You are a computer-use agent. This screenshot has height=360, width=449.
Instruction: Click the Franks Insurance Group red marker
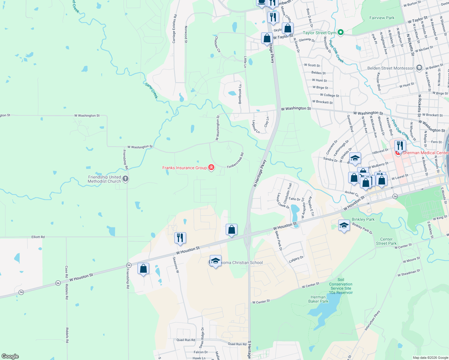point(211,167)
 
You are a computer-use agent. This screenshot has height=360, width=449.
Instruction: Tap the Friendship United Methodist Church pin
point(125,179)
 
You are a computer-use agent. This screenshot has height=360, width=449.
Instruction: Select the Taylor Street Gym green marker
point(340,33)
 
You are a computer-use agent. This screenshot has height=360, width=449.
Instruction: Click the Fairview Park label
point(382,18)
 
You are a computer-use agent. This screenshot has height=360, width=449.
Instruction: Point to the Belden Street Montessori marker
point(419,68)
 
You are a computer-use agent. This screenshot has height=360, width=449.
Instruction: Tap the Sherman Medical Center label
point(425,153)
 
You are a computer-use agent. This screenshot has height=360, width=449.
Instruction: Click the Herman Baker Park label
point(318,299)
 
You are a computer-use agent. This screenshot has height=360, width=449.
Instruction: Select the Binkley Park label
point(363,219)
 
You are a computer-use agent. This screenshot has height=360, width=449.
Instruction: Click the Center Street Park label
point(386,241)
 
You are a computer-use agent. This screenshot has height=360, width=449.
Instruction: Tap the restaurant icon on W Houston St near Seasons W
point(180,238)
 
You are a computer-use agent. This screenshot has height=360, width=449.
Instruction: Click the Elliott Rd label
point(38,237)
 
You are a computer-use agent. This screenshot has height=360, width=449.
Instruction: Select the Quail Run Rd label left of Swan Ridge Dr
point(186,340)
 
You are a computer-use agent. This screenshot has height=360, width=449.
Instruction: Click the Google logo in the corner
point(10,356)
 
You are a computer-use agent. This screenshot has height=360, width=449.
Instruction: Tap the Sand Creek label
point(152,90)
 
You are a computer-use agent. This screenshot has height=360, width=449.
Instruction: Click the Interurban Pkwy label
point(372,320)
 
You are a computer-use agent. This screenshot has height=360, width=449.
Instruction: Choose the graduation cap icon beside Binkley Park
point(344,225)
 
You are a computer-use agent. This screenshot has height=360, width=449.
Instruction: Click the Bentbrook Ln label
point(240,94)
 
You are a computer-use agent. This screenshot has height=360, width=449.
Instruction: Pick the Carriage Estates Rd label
point(174,29)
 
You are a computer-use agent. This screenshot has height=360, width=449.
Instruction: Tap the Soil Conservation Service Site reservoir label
point(341,286)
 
